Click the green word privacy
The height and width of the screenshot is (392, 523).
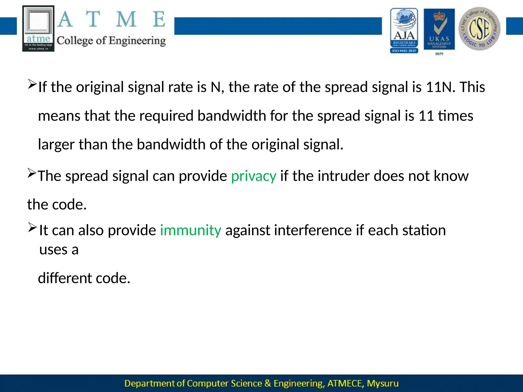(x=254, y=176)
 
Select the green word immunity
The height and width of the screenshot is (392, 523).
(x=191, y=230)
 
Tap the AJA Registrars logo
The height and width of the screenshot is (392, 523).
(x=404, y=31)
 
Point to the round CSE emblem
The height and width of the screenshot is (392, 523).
(x=479, y=29)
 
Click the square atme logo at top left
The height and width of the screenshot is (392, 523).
(x=38, y=29)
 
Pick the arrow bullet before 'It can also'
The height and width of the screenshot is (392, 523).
(x=32, y=227)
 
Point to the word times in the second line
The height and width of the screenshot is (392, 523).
(x=456, y=116)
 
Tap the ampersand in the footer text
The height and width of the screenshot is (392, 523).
(x=268, y=383)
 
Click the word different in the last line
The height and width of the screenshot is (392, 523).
(x=65, y=278)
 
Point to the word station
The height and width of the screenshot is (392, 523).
(x=424, y=230)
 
